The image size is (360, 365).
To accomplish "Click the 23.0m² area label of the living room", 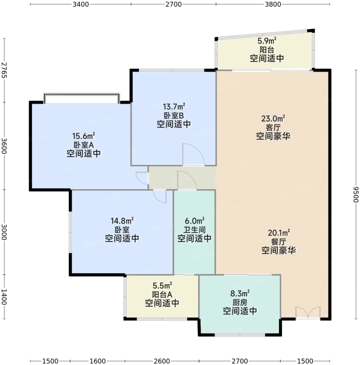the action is click(x=273, y=119).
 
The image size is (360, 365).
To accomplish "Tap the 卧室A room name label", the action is click(x=84, y=145).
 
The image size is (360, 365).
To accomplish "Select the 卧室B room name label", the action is click(x=174, y=115).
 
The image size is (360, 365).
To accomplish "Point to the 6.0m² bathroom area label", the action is click(x=194, y=221).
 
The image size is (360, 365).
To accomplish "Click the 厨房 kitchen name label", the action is click(x=240, y=303).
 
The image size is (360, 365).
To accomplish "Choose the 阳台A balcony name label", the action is click(x=162, y=295).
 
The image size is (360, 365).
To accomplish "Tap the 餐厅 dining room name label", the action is click(x=279, y=242).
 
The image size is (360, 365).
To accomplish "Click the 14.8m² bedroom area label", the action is click(x=122, y=221).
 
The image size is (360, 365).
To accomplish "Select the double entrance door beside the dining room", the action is click(x=308, y=313).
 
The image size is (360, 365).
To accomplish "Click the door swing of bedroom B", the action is click(x=193, y=154).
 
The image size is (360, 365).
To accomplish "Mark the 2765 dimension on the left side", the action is click(x=4, y=70).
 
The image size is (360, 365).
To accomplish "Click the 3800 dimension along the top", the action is click(x=273, y=4).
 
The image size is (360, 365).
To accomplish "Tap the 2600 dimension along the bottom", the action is click(x=162, y=361).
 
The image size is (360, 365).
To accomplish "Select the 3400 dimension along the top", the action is click(x=81, y=4).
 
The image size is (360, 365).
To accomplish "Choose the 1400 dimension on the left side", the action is click(x=4, y=297).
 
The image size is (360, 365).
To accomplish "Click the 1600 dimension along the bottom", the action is click(x=97, y=361).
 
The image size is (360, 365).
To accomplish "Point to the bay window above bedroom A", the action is click(x=81, y=98).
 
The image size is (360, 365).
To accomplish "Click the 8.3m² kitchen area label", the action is click(x=240, y=294).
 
